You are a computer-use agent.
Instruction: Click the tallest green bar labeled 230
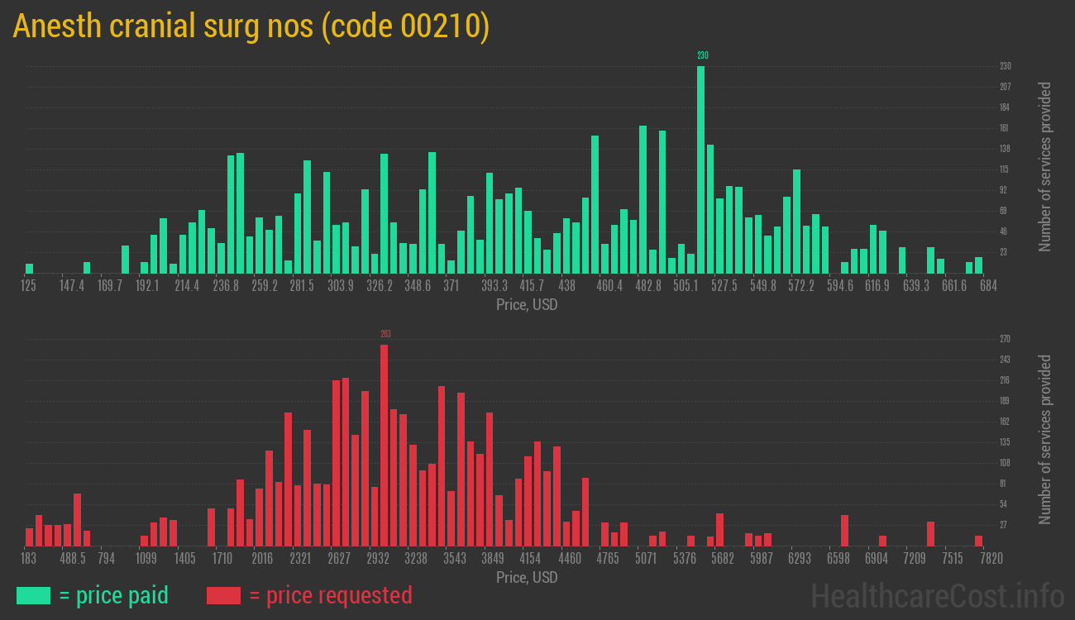coord(700,169)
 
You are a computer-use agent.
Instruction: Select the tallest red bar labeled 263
coord(384,445)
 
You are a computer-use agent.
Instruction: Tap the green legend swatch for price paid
coord(33,595)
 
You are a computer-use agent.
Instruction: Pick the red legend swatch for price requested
coord(223,595)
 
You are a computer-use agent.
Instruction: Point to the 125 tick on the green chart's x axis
coord(28,286)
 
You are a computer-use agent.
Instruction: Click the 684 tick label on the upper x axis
coord(988,286)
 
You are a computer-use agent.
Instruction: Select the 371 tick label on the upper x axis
coord(451,286)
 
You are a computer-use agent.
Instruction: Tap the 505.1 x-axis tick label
coord(686,286)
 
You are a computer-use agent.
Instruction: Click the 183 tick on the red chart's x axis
coord(29,558)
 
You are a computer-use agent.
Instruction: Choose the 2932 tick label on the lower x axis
coord(378,558)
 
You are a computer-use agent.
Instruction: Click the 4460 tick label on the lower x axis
coord(570,558)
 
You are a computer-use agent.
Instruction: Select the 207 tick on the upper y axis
coord(1005,87)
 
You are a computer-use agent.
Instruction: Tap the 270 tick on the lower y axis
coord(1005,339)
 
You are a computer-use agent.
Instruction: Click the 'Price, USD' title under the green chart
coord(527,305)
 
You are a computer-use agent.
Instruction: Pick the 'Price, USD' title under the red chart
coord(527,577)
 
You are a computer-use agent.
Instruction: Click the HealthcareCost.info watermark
coord(937,595)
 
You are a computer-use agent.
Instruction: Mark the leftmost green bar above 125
coord(29,268)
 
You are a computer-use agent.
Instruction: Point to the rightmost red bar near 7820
coord(978,541)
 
